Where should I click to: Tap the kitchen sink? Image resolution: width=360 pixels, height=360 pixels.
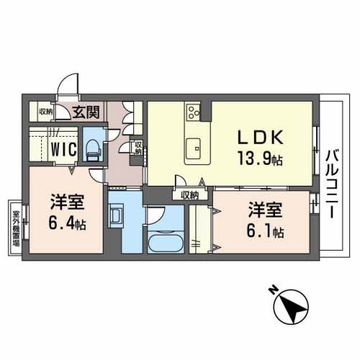[x=194, y=150]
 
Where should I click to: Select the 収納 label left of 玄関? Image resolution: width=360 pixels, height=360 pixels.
[x=45, y=111]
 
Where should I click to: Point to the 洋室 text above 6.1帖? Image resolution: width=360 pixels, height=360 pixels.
[x=264, y=211]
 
